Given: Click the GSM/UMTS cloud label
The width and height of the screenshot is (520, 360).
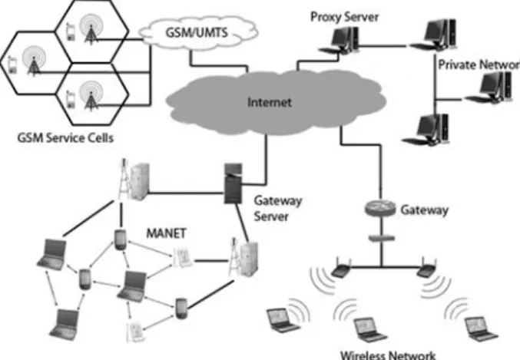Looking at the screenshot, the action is [197, 32].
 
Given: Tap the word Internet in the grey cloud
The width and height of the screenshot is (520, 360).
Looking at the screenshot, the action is [270, 102].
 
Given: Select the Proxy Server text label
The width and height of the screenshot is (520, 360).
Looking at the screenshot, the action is [344, 17].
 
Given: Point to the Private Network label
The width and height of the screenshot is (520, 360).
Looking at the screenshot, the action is [479, 64].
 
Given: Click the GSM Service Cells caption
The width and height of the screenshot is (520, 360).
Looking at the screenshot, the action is [65, 137].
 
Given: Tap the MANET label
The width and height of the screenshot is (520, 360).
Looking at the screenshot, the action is [166, 233].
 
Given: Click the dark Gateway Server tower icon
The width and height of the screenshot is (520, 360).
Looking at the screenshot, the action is [234, 183].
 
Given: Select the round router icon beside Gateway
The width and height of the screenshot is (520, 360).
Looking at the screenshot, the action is [380, 208].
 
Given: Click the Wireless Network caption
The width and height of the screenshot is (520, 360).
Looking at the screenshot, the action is [388, 355].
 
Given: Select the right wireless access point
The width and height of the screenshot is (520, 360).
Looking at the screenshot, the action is [426, 268].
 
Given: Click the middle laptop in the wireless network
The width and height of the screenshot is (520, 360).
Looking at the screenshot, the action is [369, 330].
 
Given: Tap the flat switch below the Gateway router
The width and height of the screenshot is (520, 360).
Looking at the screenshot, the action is [382, 238].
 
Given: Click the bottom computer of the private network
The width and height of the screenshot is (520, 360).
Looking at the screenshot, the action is [426, 130].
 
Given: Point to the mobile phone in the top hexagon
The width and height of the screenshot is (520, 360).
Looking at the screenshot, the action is [71, 31].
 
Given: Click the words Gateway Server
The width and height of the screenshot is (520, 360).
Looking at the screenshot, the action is [278, 209].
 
